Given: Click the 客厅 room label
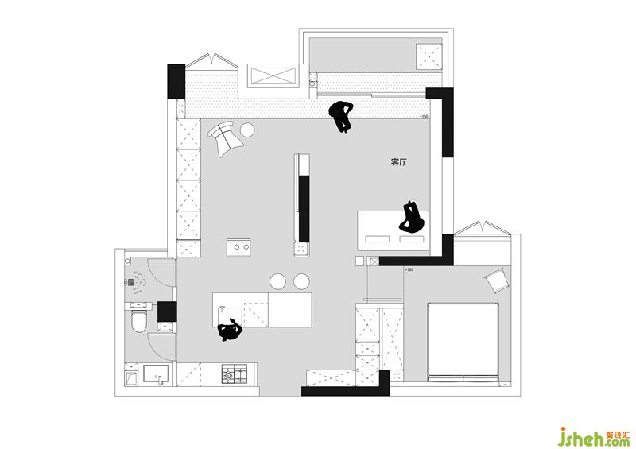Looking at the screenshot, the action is point(398,162).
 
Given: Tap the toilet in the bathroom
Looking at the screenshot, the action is point(138,319).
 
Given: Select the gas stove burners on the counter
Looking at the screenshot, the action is point(234,374).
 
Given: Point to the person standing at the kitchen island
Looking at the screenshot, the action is point(231,330).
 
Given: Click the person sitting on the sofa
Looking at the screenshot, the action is point(412,218).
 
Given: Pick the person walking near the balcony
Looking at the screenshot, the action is point(342,116).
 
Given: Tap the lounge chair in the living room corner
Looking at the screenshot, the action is point(225,138).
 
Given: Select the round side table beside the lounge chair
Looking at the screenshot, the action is point(247,130).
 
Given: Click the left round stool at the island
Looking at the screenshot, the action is point(277,281).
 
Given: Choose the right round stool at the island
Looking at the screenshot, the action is point(302,281).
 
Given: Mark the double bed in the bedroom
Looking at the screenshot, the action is point(463,342).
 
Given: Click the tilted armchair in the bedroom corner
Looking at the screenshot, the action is point(496,279).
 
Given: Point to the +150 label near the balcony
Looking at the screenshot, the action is point(425,116).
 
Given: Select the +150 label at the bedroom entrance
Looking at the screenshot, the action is point(409,269).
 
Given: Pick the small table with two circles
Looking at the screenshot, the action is point(238,247).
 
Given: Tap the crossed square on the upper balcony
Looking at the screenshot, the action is point(429,56).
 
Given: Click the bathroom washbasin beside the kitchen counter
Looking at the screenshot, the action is point(156,374).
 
